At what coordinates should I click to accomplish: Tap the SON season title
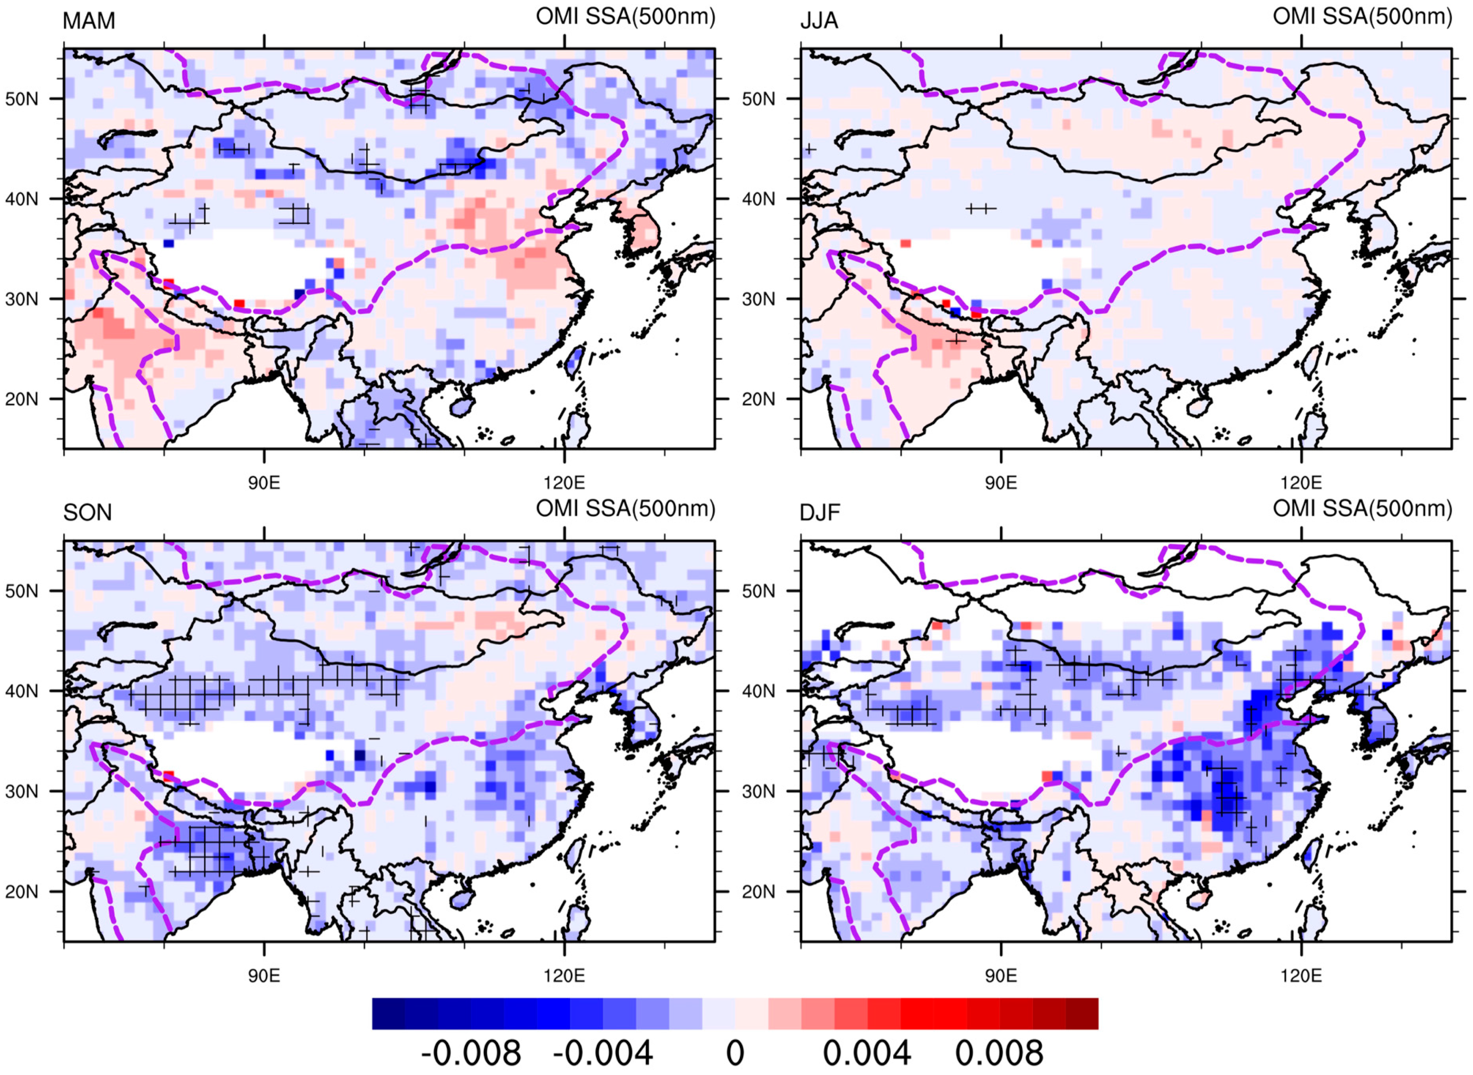87,513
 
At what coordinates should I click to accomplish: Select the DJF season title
820,513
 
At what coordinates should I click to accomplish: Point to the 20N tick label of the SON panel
22,891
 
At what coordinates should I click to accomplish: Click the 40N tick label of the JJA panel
758,199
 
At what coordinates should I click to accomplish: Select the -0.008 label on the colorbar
470,1053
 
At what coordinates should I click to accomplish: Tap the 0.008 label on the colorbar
999,1053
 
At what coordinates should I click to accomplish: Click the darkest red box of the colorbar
1082,1014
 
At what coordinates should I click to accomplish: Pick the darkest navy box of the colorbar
388,1014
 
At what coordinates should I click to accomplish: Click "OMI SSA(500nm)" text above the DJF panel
1362,509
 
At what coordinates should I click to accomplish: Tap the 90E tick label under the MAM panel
264,483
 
